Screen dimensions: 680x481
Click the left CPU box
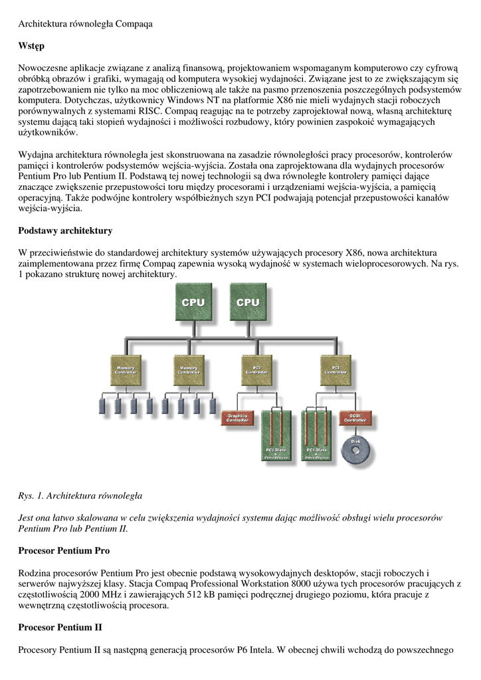193,303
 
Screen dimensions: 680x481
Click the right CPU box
248,303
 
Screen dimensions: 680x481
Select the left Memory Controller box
126,370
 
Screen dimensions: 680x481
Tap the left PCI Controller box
252,370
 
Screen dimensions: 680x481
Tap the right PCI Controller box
336,370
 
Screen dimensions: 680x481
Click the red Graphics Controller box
237,418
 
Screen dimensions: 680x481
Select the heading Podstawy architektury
64,231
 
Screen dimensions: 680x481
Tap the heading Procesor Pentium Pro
63,551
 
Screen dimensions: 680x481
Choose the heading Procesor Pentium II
60,627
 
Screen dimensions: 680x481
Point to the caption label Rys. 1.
31,495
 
